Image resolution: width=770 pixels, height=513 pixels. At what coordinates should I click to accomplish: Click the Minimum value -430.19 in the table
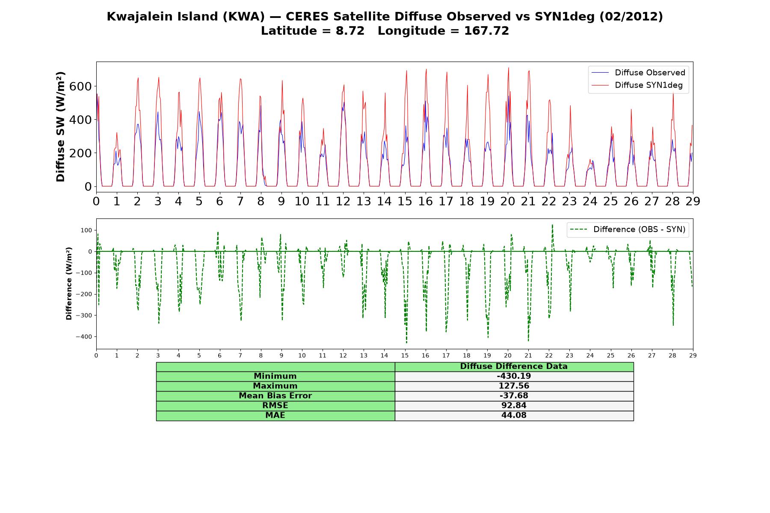point(514,376)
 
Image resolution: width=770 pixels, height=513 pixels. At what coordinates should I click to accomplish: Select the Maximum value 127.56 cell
point(514,386)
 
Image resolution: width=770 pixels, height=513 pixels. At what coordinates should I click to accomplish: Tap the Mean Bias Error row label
point(275,396)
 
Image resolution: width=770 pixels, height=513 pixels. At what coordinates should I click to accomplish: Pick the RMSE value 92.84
point(514,406)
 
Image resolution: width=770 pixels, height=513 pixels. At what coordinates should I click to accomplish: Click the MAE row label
point(275,416)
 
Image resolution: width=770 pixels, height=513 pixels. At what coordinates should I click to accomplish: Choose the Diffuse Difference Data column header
point(514,366)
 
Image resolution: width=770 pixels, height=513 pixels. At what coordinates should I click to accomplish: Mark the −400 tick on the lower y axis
point(84,337)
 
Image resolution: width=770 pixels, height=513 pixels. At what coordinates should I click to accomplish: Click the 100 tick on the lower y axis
point(87,230)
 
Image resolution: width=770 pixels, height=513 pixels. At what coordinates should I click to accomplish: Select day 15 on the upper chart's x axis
point(405,201)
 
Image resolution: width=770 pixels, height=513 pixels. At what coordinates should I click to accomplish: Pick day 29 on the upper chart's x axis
point(693,201)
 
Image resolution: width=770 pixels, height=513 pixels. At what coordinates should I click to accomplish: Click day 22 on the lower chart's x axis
point(549,355)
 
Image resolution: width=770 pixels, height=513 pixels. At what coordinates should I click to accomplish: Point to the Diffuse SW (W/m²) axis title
point(61,127)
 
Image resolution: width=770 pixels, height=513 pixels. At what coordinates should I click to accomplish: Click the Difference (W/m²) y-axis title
point(69,283)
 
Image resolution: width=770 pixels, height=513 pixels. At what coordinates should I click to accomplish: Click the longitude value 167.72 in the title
point(487,31)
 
